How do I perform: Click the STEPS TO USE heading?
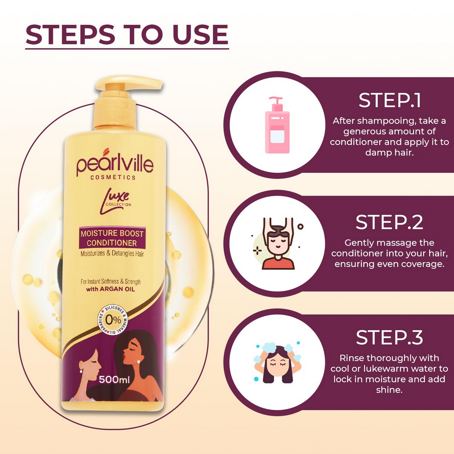point(127,35)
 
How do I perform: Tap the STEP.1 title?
point(390,100)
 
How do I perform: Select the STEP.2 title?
point(389,222)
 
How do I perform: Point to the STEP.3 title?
point(389,338)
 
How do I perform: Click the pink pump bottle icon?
point(277,125)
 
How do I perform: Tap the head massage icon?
point(278,243)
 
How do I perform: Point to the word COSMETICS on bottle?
point(113,178)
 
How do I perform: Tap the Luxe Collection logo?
point(115,201)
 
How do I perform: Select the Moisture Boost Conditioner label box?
point(112,238)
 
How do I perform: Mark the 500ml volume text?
point(114,380)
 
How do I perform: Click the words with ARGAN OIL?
point(111,289)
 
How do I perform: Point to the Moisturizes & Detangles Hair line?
point(112,254)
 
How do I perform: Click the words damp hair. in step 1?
point(390,153)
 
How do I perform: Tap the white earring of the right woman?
point(139,362)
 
